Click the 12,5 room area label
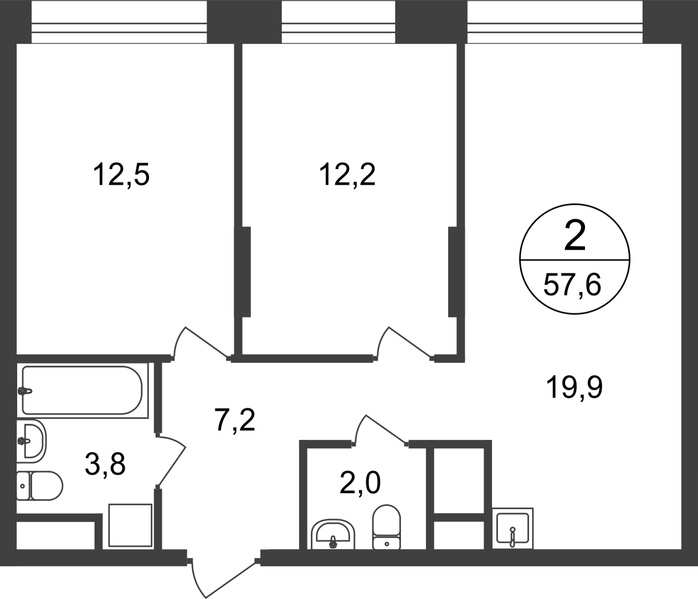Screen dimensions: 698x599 (121, 175)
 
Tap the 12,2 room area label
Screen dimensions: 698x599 (347, 175)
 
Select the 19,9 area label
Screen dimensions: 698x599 (574, 388)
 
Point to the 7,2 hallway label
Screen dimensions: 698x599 (235, 420)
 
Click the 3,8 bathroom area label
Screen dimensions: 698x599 (105, 464)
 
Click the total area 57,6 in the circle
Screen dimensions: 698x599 (572, 285)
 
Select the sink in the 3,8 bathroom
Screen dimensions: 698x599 (31, 441)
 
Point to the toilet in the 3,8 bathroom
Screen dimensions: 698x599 (39, 486)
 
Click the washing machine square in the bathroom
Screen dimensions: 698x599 (130, 525)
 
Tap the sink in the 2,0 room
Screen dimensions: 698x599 (333, 535)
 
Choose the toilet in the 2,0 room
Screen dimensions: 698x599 (387, 527)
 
